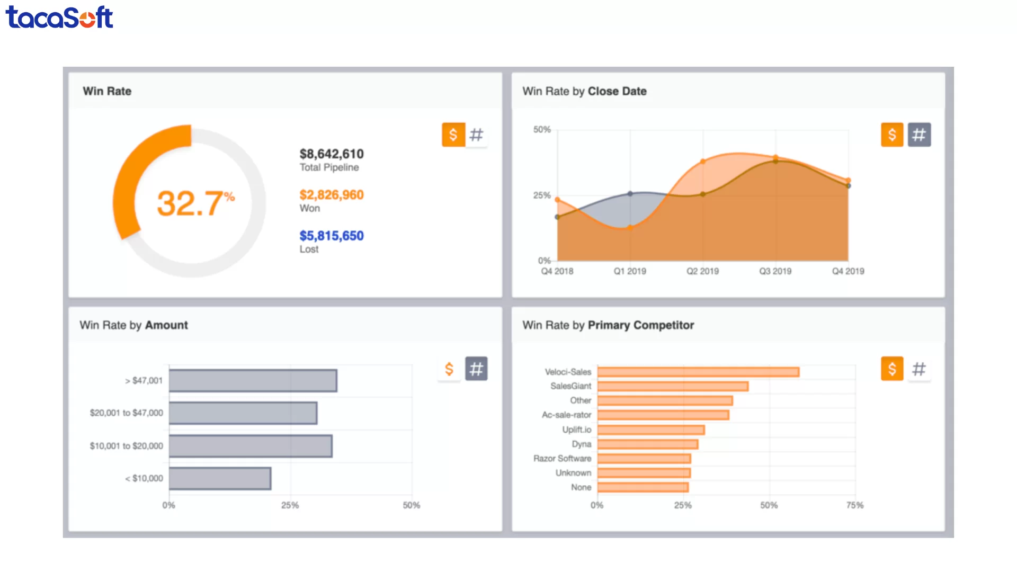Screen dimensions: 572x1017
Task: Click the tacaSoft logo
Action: [x=59, y=17]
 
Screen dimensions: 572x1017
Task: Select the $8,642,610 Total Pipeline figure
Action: [x=332, y=154]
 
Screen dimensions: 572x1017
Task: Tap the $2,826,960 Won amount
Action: [x=332, y=195]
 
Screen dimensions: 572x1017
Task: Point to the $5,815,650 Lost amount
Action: [x=332, y=236]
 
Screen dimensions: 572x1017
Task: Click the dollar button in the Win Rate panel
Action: [x=453, y=135]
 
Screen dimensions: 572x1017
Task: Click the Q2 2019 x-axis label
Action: [x=702, y=271]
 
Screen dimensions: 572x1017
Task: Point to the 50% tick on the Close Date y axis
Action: [x=542, y=130]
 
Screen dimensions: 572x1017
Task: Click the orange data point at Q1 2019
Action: [x=630, y=228]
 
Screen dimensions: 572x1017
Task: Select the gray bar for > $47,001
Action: [x=253, y=381]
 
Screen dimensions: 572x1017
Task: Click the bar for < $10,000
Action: [x=220, y=478]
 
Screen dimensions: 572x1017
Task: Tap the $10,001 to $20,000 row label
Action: [x=127, y=446]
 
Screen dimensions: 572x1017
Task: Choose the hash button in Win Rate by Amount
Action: [x=476, y=369]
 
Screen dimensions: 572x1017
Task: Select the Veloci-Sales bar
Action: [x=698, y=372]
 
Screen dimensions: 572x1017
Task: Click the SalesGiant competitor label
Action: [x=570, y=386]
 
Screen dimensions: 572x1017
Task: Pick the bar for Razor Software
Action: [x=644, y=459]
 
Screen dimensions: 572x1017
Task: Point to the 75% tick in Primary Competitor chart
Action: [x=854, y=505]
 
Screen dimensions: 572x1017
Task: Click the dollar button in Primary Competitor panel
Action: [x=892, y=369]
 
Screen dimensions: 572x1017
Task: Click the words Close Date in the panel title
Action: [x=617, y=91]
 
